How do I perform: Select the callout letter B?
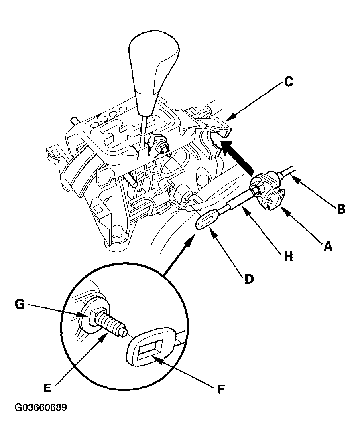[x=340, y=208]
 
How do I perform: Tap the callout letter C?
[x=288, y=82]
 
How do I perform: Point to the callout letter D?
[x=248, y=279]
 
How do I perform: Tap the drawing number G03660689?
[x=41, y=408]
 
